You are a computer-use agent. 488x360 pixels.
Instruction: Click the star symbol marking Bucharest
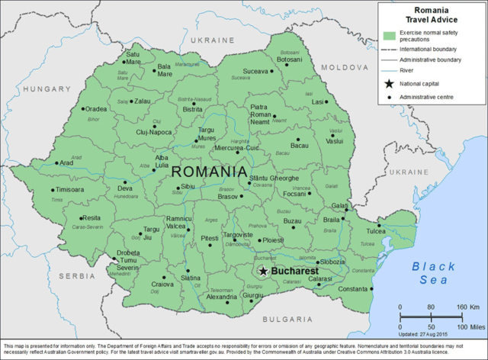(x=263, y=271)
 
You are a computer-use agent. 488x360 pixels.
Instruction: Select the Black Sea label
(x=432, y=273)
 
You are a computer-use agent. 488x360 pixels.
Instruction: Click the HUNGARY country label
(x=46, y=89)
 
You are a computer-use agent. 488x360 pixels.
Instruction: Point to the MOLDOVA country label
(x=344, y=68)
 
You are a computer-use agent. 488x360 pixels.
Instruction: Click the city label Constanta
(x=352, y=289)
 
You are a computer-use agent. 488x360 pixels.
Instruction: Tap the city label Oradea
(x=95, y=109)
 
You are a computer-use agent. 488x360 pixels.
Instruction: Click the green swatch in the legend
(x=390, y=36)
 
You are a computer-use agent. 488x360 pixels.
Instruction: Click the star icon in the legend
(x=390, y=82)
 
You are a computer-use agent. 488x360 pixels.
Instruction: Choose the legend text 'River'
(x=406, y=69)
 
